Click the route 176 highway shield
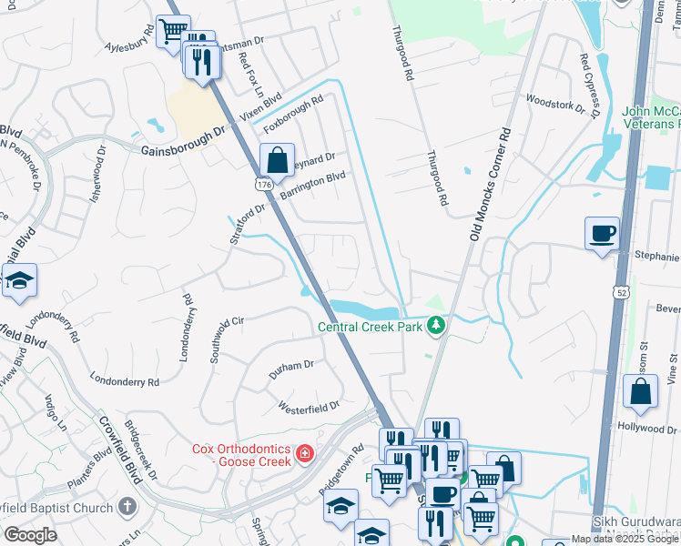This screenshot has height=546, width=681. pos(264,184)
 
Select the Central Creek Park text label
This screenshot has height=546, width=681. pos(371,327)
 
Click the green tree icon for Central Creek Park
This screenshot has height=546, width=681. pos(438,324)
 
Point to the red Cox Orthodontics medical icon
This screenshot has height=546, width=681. pos(305,453)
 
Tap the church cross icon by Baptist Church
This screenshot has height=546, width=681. pos(128,507)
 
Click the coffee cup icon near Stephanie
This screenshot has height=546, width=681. pos(602,233)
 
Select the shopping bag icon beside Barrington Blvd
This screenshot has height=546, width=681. pos(277,161)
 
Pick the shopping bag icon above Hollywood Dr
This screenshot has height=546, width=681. pos(640,391)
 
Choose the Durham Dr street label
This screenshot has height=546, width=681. pos(290,369)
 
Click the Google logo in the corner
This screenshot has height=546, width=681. pos(30,534)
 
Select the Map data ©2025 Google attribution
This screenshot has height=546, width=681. pos(625,539)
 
